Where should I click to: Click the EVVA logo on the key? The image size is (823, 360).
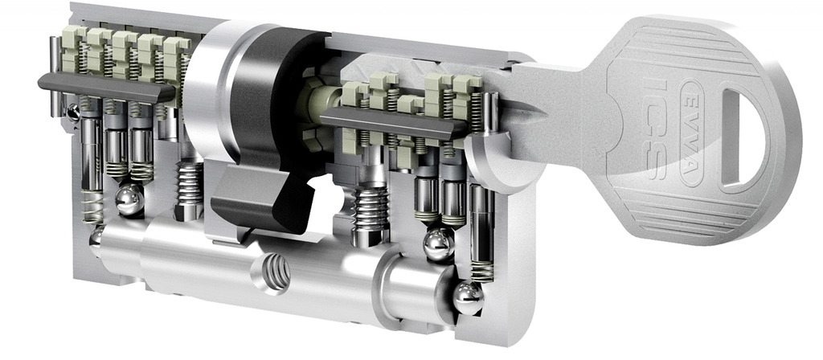pyautogui.click(x=692, y=134)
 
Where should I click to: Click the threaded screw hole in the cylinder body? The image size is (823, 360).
pyautogui.click(x=275, y=272)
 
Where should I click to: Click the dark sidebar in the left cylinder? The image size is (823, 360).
pyautogui.click(x=105, y=88)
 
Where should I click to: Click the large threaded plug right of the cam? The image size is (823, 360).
pyautogui.click(x=370, y=215)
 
